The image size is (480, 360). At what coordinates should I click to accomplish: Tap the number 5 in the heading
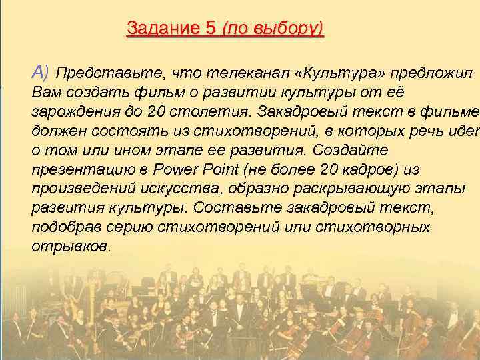point(211,29)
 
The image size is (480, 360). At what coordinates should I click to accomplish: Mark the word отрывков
point(70,246)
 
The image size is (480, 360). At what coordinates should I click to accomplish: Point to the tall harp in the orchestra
point(87,300)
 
